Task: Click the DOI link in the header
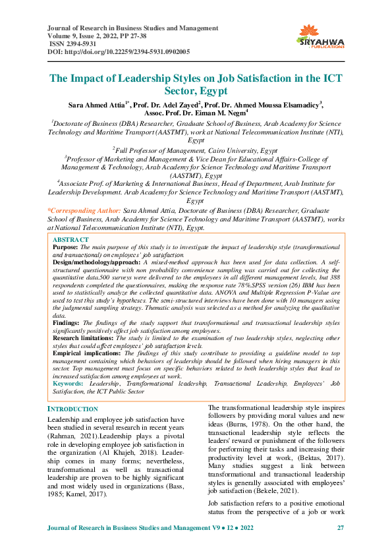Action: click(119, 51)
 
